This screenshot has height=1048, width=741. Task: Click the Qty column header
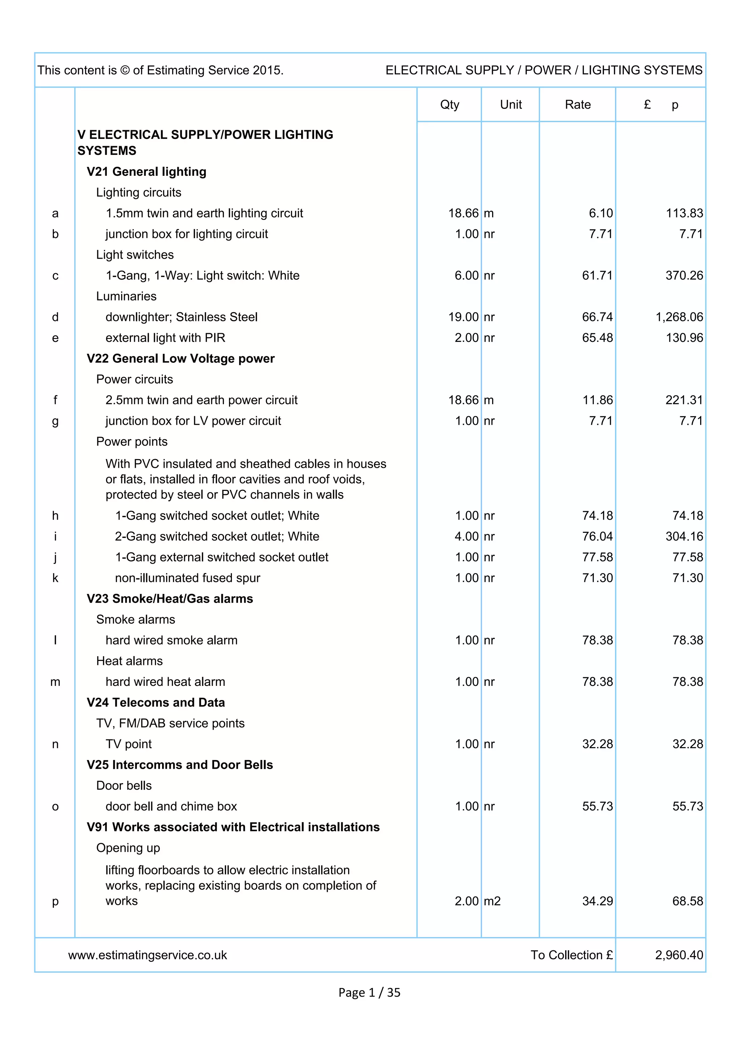(449, 105)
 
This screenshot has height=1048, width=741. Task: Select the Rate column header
(577, 105)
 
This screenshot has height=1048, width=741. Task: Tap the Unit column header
(511, 105)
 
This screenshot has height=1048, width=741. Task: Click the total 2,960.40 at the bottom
(679, 955)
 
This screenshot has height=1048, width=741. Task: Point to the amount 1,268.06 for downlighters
(679, 317)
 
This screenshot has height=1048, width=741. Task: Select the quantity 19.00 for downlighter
(463, 317)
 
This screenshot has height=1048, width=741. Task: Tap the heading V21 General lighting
(147, 171)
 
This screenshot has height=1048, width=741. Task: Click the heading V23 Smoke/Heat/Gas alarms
(170, 598)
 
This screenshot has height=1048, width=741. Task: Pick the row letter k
(55, 578)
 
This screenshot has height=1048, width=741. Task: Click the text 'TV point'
(128, 744)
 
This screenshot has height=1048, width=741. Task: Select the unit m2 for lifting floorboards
(492, 901)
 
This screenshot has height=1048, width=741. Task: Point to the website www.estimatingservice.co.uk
(148, 955)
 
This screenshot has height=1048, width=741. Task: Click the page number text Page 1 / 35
(369, 992)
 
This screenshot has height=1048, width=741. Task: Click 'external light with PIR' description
(165, 338)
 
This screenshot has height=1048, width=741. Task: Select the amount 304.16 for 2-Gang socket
(684, 536)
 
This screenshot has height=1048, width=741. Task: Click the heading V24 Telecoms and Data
(156, 703)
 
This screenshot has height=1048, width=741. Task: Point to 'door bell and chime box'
(171, 806)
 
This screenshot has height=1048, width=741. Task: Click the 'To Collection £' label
(571, 955)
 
